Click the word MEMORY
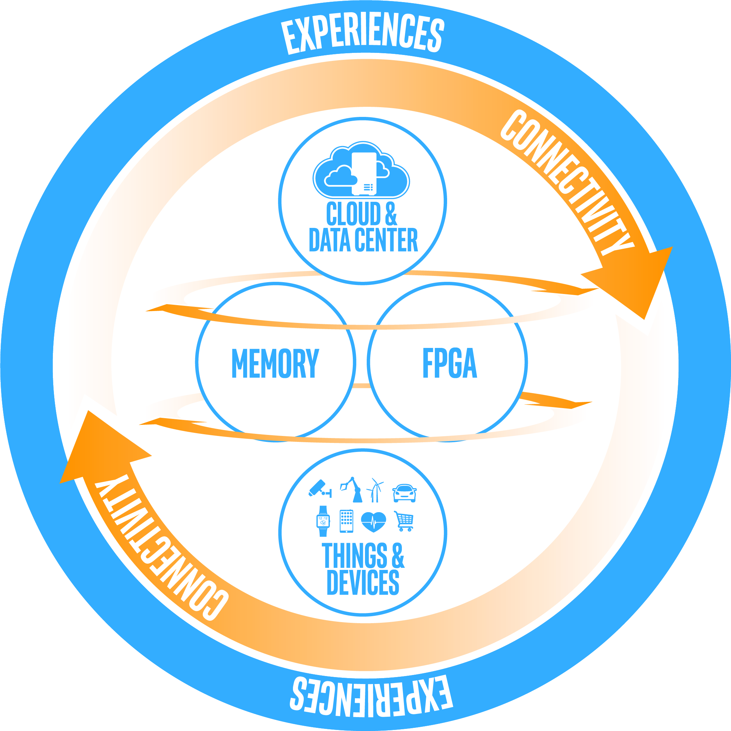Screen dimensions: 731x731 coord(275,363)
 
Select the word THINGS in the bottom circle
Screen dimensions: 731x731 coord(355,555)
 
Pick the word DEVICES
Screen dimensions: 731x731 coord(363,583)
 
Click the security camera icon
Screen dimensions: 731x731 coord(320,488)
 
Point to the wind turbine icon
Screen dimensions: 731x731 coord(375,490)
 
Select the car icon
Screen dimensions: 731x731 coord(405,493)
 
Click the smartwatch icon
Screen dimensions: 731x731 coord(323,521)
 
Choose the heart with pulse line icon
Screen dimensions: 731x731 coord(373,522)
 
